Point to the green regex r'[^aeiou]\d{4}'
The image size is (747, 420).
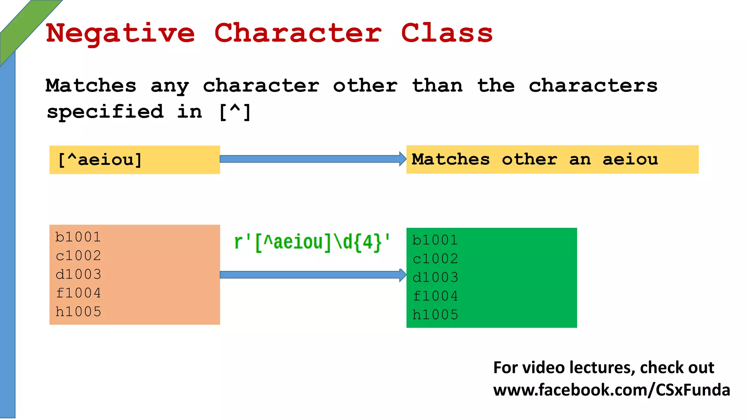point(312,242)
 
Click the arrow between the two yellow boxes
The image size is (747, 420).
point(313,159)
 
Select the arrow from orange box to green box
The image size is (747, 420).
point(313,275)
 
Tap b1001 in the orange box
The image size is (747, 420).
point(78,237)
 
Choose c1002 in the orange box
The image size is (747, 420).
point(78,256)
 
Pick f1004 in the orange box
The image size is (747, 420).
point(78,293)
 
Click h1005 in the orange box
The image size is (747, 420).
point(78,312)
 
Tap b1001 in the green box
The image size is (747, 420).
point(435,240)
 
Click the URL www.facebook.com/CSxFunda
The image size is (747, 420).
point(611,390)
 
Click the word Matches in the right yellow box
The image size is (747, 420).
point(450,159)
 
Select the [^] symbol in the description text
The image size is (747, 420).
point(235,112)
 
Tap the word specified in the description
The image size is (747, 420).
point(105,112)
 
